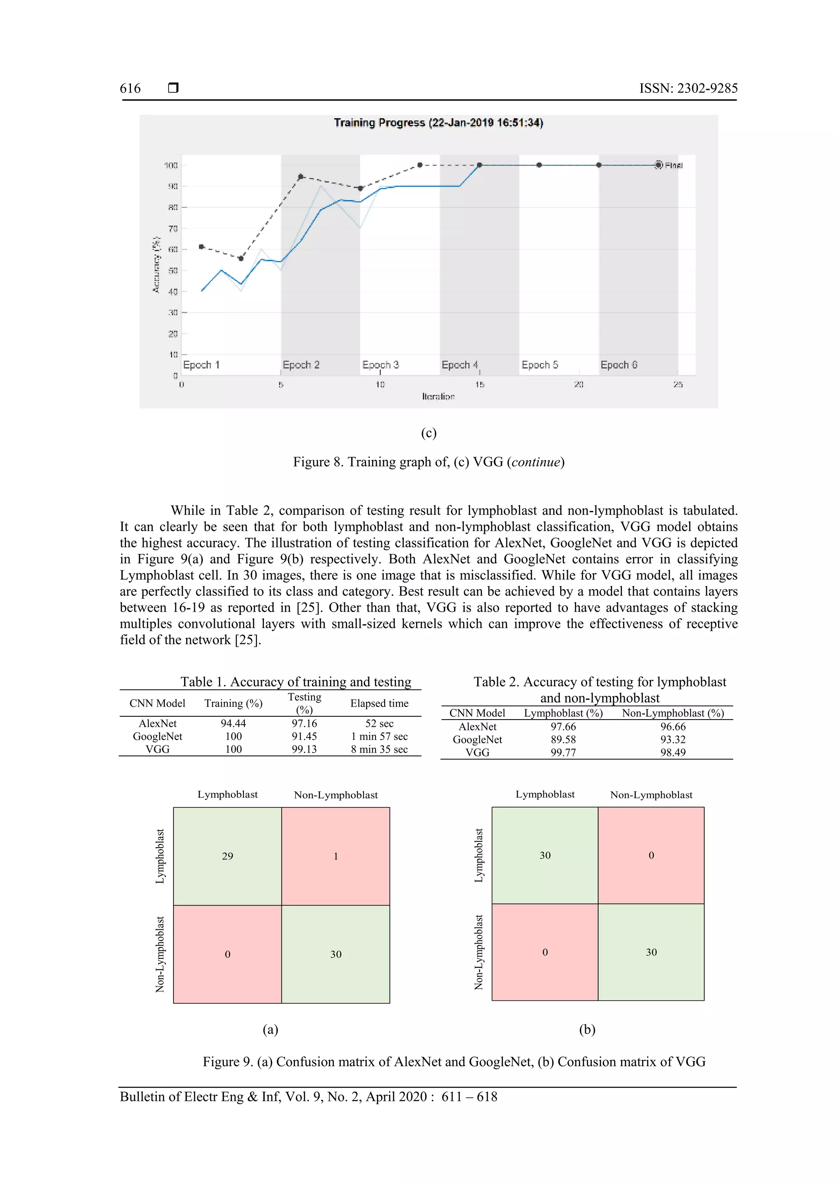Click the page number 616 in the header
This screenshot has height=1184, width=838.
130,88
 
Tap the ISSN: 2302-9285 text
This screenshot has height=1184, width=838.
688,88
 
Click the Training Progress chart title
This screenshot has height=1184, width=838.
438,123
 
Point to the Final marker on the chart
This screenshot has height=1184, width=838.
658,165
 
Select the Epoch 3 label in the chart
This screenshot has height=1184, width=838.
380,365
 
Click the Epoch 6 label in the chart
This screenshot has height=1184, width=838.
619,365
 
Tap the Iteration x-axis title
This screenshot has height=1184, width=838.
438,396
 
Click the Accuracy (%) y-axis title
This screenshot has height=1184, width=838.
156,265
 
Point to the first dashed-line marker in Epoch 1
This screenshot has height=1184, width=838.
201,247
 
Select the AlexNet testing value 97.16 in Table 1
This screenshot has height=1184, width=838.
304,724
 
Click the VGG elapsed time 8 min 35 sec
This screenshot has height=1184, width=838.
379,749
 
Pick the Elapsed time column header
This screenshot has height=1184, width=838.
379,703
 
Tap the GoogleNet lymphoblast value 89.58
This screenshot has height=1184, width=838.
563,740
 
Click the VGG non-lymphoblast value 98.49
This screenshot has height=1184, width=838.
673,752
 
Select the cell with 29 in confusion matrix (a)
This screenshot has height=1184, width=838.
228,856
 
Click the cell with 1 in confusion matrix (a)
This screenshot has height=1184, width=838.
336,856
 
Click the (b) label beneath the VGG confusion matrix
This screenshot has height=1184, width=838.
587,1029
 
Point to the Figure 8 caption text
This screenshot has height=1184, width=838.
429,462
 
